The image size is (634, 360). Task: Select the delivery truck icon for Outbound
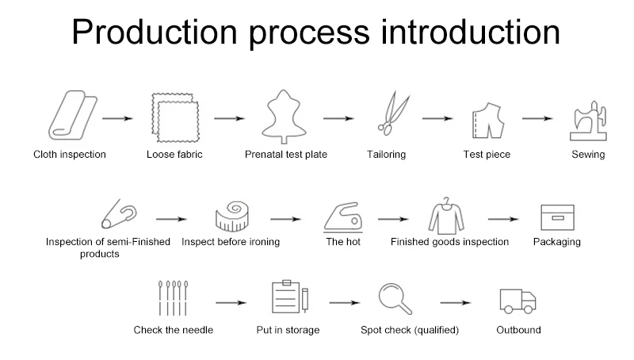pos(518,301)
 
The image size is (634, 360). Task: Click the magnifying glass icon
pos(395,299)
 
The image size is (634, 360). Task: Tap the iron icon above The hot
pos(343,216)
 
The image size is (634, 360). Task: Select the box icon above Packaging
pos(557,216)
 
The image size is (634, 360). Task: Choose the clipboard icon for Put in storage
pos(288,298)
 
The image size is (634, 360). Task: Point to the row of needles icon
pos(173,299)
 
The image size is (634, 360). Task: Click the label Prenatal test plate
pos(286,155)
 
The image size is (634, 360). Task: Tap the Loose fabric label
pos(174,155)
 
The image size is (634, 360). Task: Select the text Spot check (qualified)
pos(410,330)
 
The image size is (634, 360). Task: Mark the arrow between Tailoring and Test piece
pos(437,119)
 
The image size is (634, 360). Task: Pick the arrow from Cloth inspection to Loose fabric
pos(116,119)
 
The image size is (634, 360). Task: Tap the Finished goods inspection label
pos(449,242)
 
